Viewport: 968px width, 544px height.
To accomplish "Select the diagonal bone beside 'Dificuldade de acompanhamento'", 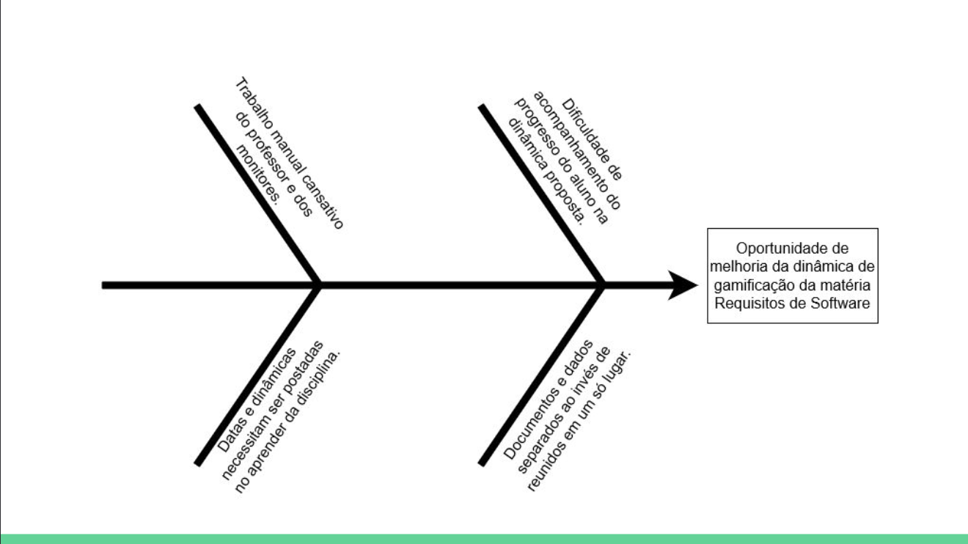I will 541,195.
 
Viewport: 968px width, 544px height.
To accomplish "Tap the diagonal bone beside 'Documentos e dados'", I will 541,374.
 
